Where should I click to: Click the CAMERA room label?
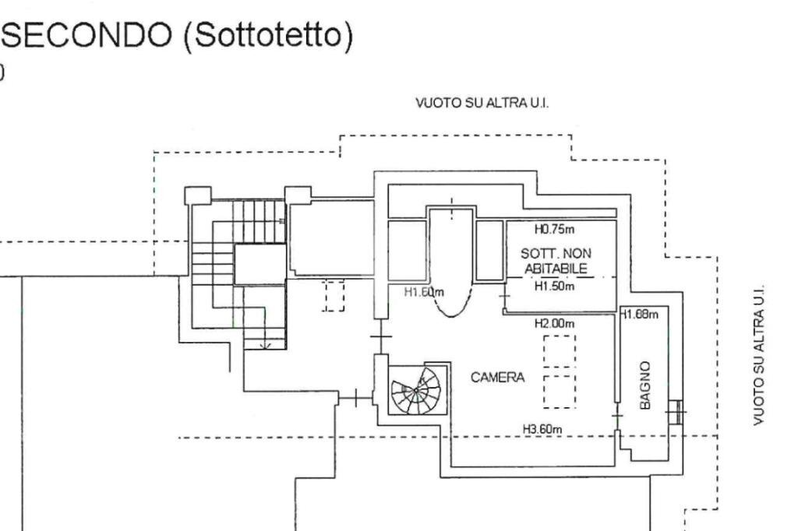[497, 378]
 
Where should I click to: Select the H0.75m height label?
[554, 230]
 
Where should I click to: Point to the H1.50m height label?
[554, 287]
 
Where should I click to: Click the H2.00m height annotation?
[554, 322]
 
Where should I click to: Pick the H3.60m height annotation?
[543, 429]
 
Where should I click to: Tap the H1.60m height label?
[424, 293]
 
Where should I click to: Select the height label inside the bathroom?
[640, 315]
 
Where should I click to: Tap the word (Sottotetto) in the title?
[265, 37]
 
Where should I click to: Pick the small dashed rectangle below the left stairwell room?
[334, 297]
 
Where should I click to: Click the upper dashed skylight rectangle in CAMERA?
[559, 351]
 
